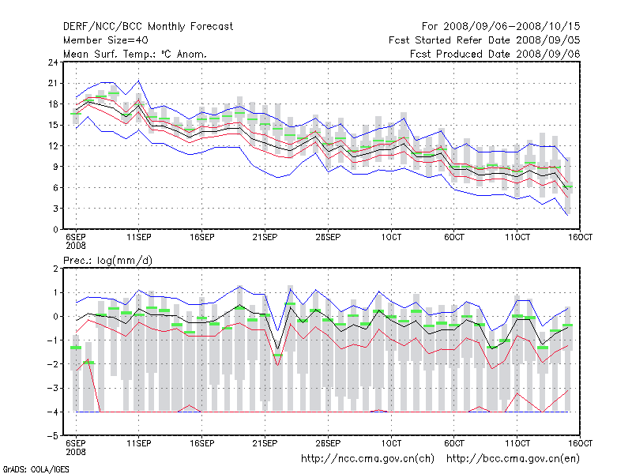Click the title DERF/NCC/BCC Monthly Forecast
148,26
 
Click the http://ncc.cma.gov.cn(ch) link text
367,459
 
